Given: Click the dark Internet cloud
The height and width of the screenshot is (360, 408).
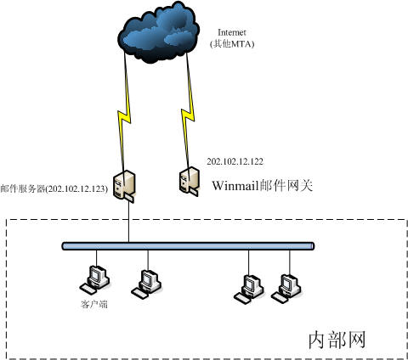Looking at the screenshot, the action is pyautogui.click(x=159, y=32).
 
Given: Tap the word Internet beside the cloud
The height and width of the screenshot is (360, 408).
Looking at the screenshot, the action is pyautogui.click(x=231, y=32).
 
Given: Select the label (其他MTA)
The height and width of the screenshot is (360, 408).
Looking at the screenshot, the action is pyautogui.click(x=232, y=44).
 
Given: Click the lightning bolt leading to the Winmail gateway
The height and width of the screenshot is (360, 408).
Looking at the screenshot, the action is pyautogui.click(x=188, y=112).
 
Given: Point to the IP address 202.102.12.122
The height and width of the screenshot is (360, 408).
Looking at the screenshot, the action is pyautogui.click(x=235, y=161).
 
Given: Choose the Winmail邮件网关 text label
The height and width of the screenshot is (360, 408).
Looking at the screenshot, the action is pyautogui.click(x=263, y=186).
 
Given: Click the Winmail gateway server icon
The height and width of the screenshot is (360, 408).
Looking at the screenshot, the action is pyautogui.click(x=189, y=182).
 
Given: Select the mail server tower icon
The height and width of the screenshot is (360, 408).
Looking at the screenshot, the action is pyautogui.click(x=124, y=186).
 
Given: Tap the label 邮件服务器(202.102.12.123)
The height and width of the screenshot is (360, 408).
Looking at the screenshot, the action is pyautogui.click(x=54, y=188).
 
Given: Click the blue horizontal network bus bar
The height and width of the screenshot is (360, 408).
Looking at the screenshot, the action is pyautogui.click(x=188, y=246).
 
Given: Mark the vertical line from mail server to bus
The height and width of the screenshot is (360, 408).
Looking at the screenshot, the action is pyautogui.click(x=128, y=222).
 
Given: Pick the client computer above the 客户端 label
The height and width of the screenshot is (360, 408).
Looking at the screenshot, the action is pyautogui.click(x=94, y=279).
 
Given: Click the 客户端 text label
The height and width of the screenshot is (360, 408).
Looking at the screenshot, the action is pyautogui.click(x=94, y=305).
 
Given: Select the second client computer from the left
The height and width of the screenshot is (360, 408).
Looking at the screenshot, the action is pyautogui.click(x=147, y=284).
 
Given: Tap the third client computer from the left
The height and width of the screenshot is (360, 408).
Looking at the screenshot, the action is pyautogui.click(x=249, y=289).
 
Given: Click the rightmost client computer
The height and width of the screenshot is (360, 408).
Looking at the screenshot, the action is pyautogui.click(x=286, y=288).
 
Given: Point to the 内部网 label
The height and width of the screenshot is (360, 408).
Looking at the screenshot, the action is pyautogui.click(x=337, y=340).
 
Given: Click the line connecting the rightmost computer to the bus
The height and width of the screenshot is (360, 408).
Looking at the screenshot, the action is pyautogui.click(x=290, y=262).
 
